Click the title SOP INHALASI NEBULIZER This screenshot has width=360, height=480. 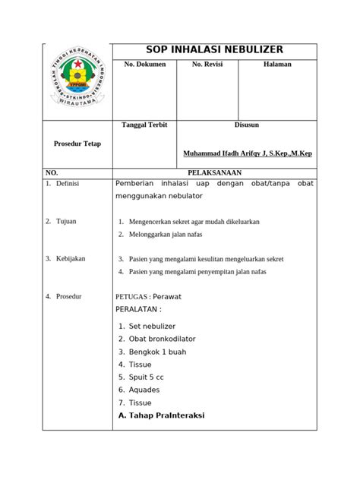[x=214, y=50]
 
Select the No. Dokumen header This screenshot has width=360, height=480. [x=144, y=65]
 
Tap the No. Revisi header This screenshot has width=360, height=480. [x=207, y=65]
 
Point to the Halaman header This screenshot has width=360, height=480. [x=277, y=65]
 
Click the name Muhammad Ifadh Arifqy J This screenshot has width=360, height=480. [x=248, y=153]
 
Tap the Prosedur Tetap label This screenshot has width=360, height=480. [x=77, y=144]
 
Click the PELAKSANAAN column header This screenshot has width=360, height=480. [x=214, y=173]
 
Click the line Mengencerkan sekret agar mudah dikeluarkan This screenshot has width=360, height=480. [x=194, y=222]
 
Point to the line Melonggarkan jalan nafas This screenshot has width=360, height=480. [x=171, y=234]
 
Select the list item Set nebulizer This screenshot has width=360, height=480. [x=152, y=326]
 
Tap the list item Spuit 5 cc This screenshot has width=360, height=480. [x=146, y=377]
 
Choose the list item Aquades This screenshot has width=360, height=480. [x=144, y=390]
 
